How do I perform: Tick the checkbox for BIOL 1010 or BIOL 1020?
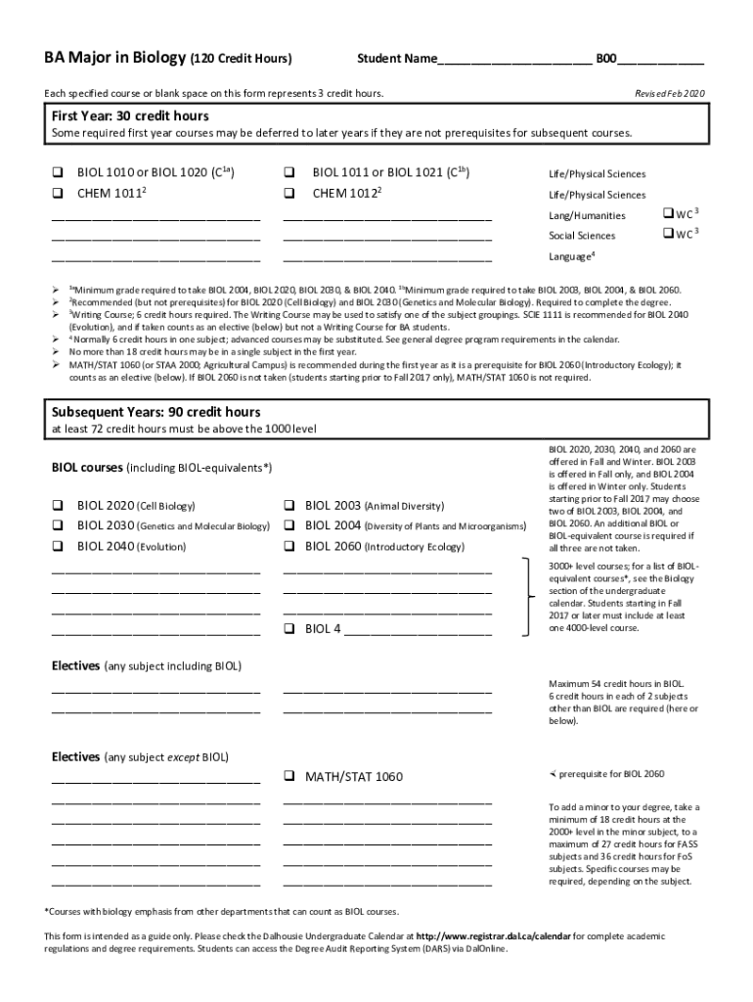pos(57,173)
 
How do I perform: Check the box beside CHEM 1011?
pos(57,193)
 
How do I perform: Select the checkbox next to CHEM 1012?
pos(289,193)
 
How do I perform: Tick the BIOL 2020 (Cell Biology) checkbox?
pos(57,506)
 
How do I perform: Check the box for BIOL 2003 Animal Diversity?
pos(289,506)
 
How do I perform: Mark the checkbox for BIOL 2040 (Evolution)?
pos(57,547)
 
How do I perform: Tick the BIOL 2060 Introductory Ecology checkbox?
pos(289,547)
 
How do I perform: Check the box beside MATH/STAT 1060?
pos(289,776)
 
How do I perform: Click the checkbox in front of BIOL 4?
pos(289,628)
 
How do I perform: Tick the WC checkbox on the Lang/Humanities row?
pos(668,212)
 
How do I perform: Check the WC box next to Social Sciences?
pos(668,233)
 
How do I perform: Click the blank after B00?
pos(661,60)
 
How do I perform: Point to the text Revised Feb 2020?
pos(670,93)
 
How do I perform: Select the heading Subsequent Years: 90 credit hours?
pos(155,412)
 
